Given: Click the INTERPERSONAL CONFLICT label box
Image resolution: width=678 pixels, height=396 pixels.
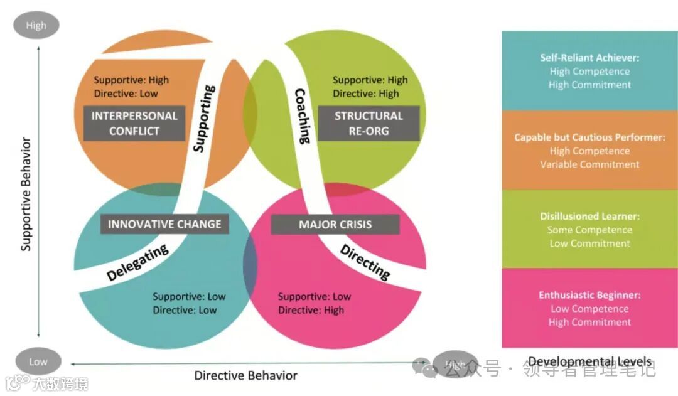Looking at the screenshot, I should coord(134,123).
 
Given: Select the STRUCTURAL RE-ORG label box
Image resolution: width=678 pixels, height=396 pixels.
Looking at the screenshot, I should coord(369,123).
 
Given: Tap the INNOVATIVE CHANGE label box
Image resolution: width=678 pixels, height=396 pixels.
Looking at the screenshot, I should coord(164,224).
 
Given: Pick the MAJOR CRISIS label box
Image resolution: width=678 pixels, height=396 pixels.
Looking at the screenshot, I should coord(335,224).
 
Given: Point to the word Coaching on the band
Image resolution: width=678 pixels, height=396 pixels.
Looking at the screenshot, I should coord(302,115).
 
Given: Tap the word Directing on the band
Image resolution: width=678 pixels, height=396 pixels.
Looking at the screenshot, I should coord(365,261).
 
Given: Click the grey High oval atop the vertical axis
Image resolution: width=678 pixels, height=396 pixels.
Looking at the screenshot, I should coord(36,26).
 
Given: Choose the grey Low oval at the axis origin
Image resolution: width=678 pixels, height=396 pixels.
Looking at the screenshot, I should coord(38,361).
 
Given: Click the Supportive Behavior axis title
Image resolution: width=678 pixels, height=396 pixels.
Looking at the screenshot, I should coord(26,194).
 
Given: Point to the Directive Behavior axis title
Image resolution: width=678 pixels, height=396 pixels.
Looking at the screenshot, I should coord(245,375).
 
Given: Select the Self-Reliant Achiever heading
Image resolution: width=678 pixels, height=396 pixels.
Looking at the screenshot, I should coord(589,58).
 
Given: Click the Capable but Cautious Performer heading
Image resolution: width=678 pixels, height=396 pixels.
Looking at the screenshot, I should coord(589,137).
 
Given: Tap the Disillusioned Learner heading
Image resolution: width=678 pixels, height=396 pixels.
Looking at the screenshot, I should coord(589,216).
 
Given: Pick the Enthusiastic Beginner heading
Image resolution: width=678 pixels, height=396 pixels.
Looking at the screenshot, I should coord(589,295).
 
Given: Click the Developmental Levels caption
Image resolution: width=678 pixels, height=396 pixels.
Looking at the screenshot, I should coord(589,361).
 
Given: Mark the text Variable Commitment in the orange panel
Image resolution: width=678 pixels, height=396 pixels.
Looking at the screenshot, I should coord(589,164).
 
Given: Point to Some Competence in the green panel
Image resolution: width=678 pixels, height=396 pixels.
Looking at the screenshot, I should coord(589,230).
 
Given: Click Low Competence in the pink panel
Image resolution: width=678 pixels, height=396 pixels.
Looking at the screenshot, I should coord(589,309).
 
